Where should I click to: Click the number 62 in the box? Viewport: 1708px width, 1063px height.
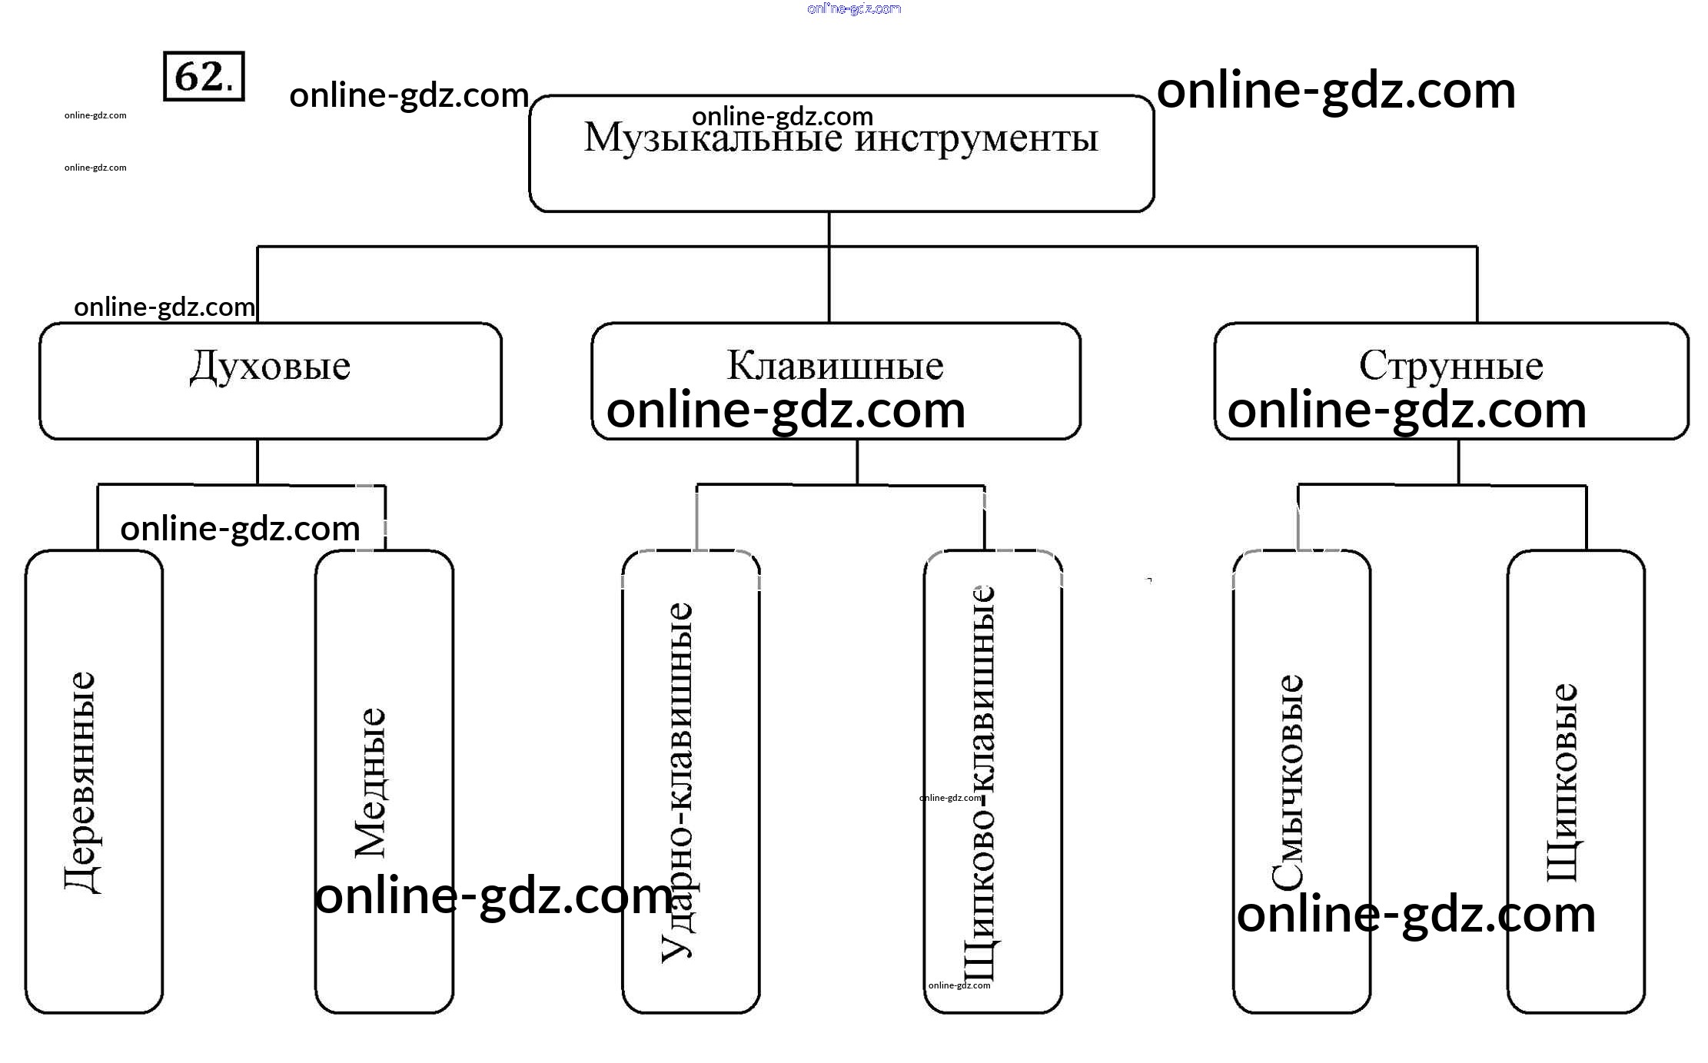click(x=199, y=76)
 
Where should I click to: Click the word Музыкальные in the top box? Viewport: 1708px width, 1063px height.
click(x=713, y=139)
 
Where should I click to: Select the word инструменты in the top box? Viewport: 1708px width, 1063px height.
click(x=976, y=139)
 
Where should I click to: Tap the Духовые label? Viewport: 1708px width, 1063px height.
click(x=271, y=366)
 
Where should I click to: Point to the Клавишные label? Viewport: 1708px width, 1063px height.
click(x=835, y=365)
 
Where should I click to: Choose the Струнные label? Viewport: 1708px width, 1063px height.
click(x=1450, y=365)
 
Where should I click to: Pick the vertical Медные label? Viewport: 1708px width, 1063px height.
click(x=371, y=782)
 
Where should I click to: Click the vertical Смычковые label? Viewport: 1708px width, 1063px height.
click(x=1288, y=782)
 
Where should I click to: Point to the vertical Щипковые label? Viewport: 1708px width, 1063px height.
click(x=1563, y=782)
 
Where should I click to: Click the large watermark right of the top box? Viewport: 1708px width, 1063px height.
click(x=1336, y=91)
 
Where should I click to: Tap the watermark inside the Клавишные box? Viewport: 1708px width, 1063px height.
click(x=786, y=410)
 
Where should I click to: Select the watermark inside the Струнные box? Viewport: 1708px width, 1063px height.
click(x=1407, y=410)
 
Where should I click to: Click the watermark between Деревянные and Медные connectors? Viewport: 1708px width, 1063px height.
click(x=240, y=529)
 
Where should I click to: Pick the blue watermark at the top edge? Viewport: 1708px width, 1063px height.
click(x=854, y=8)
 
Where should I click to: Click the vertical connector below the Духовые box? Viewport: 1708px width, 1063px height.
click(x=257, y=461)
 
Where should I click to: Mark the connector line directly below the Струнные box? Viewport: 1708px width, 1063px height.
click(x=1458, y=461)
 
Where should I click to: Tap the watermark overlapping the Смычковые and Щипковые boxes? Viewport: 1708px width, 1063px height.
click(x=1416, y=915)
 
